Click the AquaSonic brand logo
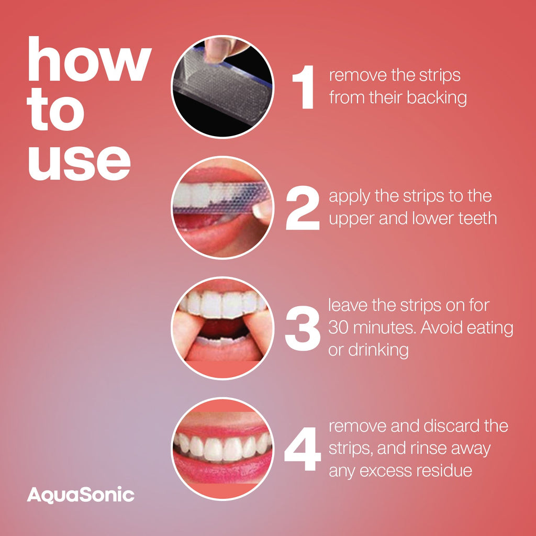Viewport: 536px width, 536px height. tap(81, 495)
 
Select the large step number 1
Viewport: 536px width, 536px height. tap(304, 88)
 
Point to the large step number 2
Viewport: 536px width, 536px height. tap(302, 209)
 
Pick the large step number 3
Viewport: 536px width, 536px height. tap(302, 329)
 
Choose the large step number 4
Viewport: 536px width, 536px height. tap(302, 449)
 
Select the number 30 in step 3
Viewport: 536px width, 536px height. tap(339, 328)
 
